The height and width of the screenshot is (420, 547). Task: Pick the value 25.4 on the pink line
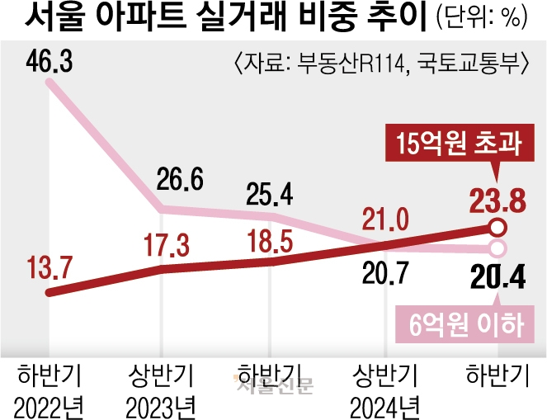(269, 196)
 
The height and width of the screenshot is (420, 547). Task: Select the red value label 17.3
(165, 246)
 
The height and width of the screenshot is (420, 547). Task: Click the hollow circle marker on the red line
(496, 228)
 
